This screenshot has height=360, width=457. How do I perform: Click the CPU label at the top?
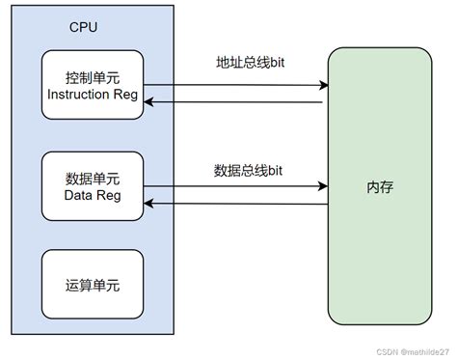pos(84,27)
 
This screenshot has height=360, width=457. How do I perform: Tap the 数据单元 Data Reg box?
pos(94,185)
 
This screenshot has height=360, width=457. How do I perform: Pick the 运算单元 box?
pos(94,285)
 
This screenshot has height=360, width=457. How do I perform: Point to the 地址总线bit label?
pos(249,63)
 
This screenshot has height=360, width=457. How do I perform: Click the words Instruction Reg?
pos(94,95)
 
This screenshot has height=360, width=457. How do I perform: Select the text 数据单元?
pos(94,177)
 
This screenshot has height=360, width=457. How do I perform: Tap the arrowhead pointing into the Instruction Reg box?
pos(148,100)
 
